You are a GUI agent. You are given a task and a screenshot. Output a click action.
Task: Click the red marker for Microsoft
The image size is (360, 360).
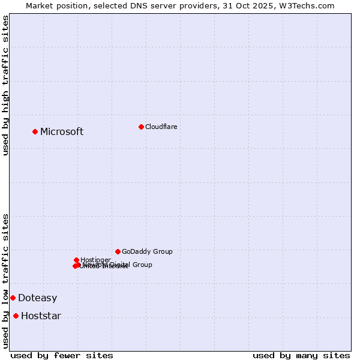click(x=35, y=131)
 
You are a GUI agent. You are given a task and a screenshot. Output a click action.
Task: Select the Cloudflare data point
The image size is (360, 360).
click(x=141, y=127)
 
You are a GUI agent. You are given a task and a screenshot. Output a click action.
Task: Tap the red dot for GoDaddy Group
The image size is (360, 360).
click(x=118, y=251)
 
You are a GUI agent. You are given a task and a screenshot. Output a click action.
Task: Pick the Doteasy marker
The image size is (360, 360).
click(x=13, y=298)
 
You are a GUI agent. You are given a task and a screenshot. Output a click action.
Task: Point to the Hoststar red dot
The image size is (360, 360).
click(x=16, y=316)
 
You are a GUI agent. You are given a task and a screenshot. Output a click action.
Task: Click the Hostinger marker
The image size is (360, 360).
click(x=76, y=260)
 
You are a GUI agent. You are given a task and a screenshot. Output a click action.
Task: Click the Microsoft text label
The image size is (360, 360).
click(x=62, y=132)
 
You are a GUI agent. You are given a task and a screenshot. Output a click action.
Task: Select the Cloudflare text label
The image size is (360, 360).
click(x=161, y=127)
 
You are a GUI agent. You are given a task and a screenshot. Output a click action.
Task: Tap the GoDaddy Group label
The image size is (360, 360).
click(x=147, y=252)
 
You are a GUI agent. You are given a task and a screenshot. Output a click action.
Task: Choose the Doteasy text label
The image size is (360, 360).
click(x=37, y=298)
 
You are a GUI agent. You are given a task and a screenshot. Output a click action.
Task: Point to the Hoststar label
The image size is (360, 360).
click(x=41, y=316)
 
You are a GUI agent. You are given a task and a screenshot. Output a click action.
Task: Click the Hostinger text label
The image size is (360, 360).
click(x=95, y=260)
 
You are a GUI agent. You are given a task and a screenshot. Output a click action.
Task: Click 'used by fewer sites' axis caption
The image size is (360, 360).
click(x=62, y=355)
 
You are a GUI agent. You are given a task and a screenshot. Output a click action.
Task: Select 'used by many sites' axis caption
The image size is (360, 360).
click(x=301, y=355)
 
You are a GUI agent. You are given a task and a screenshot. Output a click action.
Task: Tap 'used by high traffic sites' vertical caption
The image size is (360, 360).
click(x=5, y=85)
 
